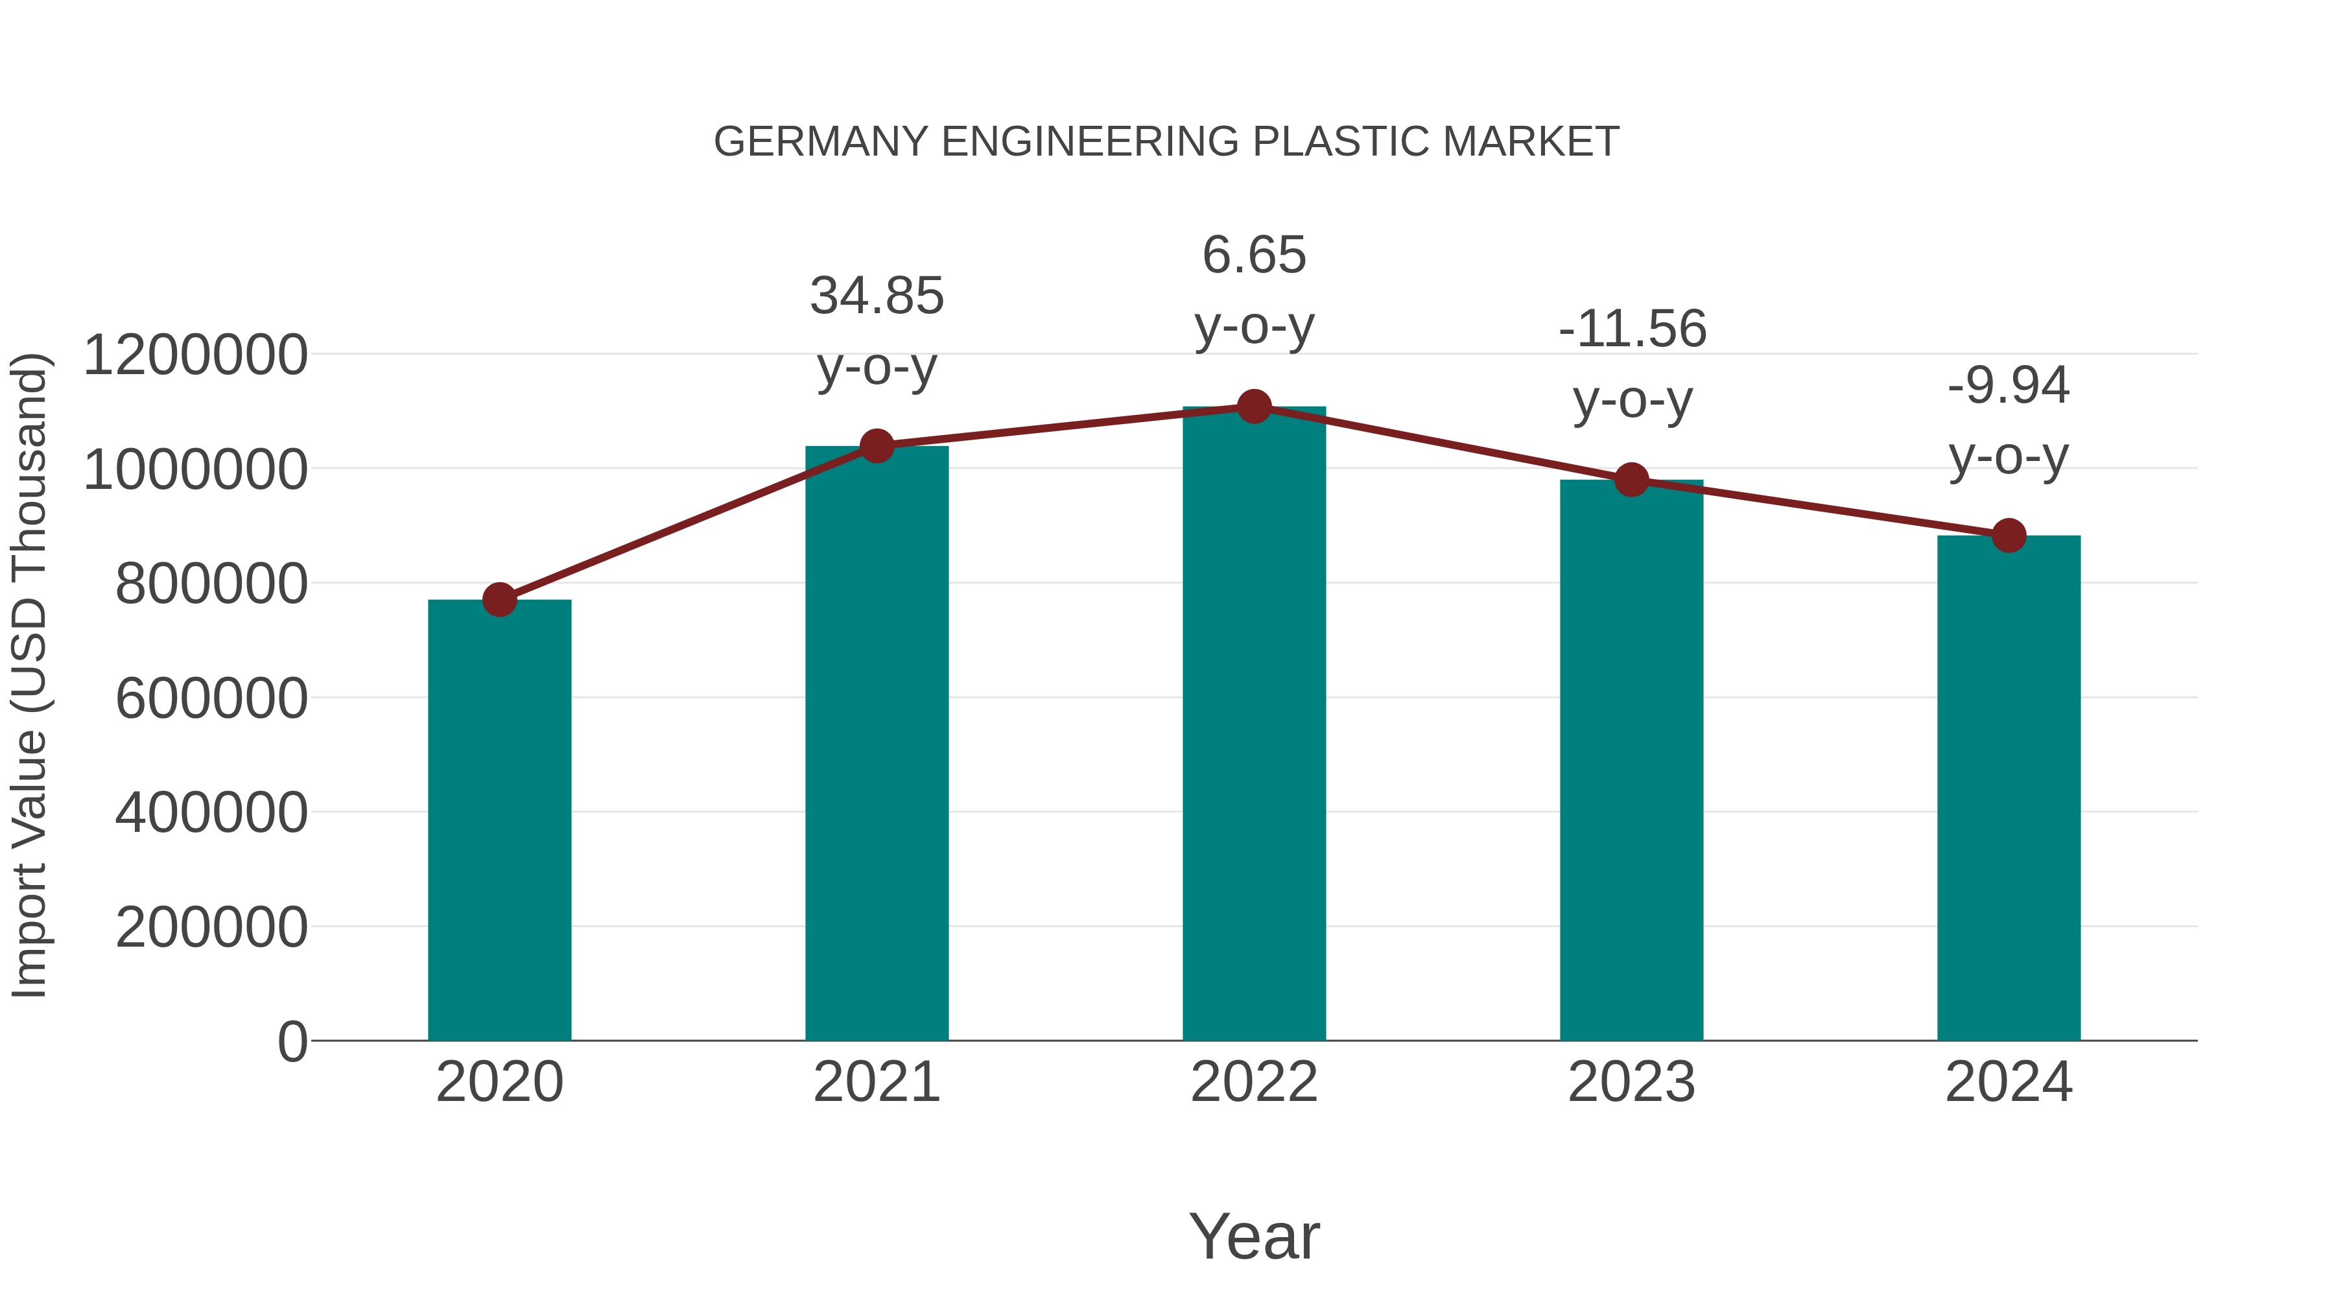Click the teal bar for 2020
click(499, 820)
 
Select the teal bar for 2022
click(1254, 725)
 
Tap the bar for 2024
click(2009, 788)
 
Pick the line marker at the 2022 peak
click(1254, 407)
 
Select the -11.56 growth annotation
click(1632, 329)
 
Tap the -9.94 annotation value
click(2009, 386)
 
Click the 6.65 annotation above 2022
click(1254, 255)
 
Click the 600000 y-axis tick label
click(212, 698)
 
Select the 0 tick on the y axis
click(292, 1041)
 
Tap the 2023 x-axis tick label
click(1632, 1083)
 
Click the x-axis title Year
click(1254, 1237)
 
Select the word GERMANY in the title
click(821, 142)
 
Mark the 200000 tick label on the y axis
click(212, 928)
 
